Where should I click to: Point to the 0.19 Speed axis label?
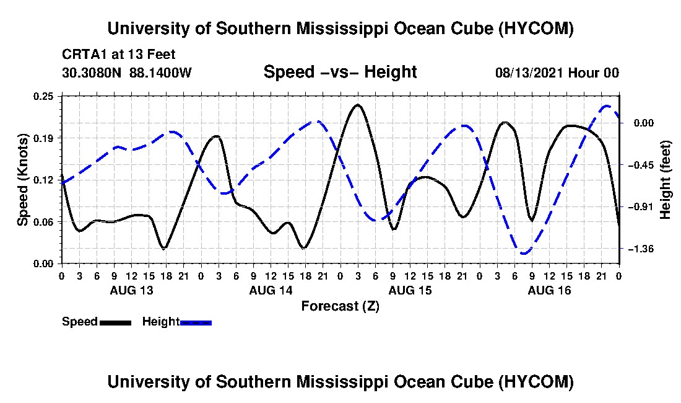click(x=44, y=138)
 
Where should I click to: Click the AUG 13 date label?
click(x=132, y=290)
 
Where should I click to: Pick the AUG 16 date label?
click(x=549, y=290)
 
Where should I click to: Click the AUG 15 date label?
click(x=410, y=290)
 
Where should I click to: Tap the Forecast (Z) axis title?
click(x=340, y=306)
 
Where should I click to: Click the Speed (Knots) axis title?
click(x=22, y=180)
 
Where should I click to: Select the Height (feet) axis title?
click(x=666, y=180)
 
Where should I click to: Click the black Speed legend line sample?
click(x=115, y=322)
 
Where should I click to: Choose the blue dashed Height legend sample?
click(x=196, y=322)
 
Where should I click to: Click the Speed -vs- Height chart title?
click(x=340, y=72)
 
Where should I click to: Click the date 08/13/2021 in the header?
click(x=529, y=73)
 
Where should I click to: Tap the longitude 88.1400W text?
click(x=160, y=73)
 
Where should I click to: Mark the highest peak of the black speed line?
click(x=357, y=105)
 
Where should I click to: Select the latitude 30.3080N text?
click(x=92, y=73)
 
